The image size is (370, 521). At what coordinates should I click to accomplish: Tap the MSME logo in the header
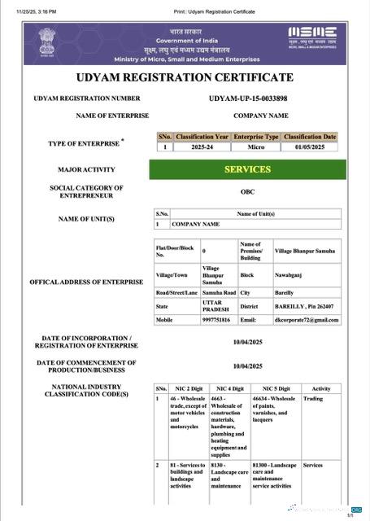(x=312, y=37)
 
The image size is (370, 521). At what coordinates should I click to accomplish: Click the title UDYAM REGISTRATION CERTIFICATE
(x=184, y=77)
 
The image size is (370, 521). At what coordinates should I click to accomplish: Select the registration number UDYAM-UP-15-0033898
(x=259, y=99)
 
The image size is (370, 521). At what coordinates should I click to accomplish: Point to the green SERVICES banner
(x=247, y=169)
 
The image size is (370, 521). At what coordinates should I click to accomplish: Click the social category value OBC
(x=247, y=192)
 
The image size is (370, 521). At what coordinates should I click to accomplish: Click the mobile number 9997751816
(x=215, y=320)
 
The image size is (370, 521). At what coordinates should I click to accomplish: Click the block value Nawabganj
(x=289, y=275)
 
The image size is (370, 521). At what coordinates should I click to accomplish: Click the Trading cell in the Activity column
(x=313, y=399)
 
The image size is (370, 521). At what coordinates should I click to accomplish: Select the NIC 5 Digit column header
(x=271, y=388)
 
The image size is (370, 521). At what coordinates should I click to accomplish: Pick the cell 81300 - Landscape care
(x=272, y=475)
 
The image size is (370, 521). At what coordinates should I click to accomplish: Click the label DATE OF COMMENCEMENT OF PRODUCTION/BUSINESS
(x=86, y=366)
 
